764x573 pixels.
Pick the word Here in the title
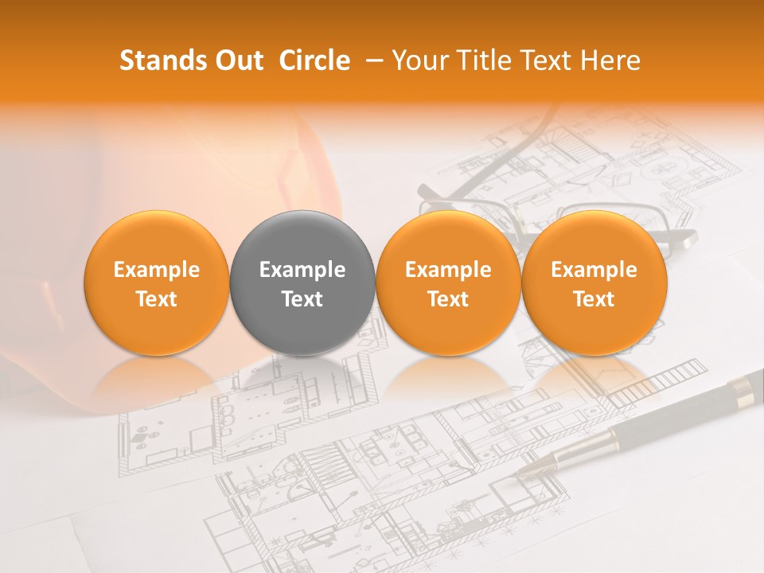(612, 60)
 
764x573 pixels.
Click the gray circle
(302, 283)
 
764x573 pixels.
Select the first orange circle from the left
(156, 283)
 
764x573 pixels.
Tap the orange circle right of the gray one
(448, 283)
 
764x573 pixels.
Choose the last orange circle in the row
(594, 283)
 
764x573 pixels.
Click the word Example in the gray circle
(302, 270)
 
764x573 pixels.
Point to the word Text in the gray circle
(302, 299)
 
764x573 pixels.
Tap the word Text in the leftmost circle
(156, 299)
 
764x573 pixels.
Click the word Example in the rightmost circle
(594, 270)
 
